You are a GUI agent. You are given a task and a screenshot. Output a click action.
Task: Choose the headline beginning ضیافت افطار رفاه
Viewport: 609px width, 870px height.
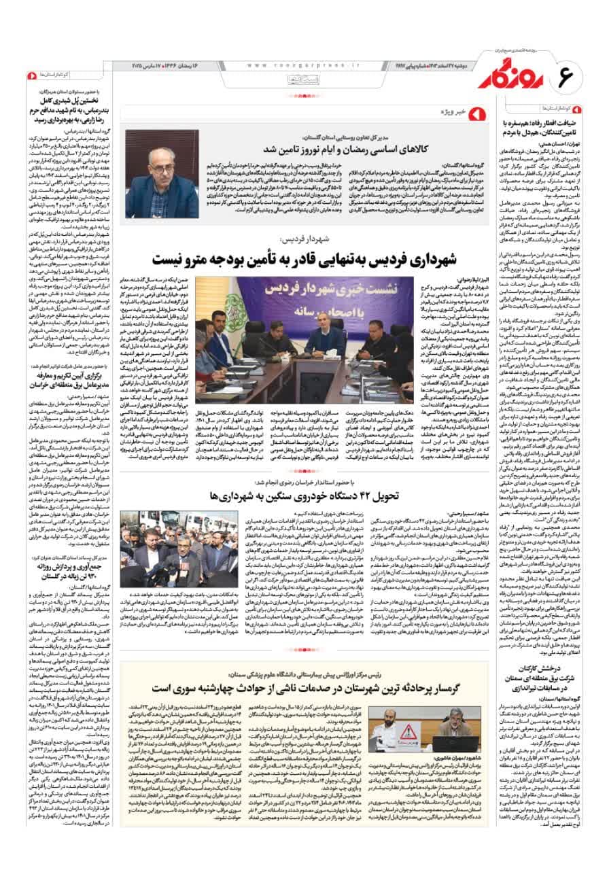click(x=544, y=127)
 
